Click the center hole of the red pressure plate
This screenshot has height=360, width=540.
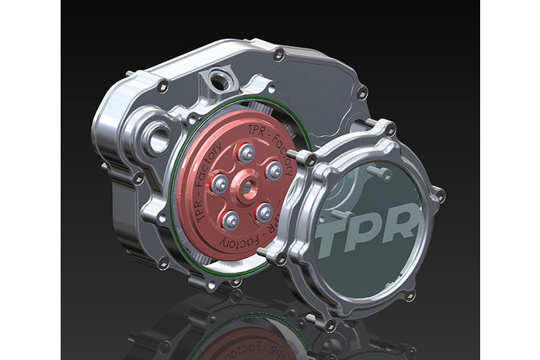pyautogui.click(x=247, y=188)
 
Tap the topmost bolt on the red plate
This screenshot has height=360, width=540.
pyautogui.click(x=246, y=153)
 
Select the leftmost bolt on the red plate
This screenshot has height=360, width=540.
pyautogui.click(x=219, y=184)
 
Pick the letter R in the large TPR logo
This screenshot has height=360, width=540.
pyautogui.click(x=403, y=221)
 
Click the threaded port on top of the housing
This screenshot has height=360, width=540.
pyautogui.click(x=217, y=81)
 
